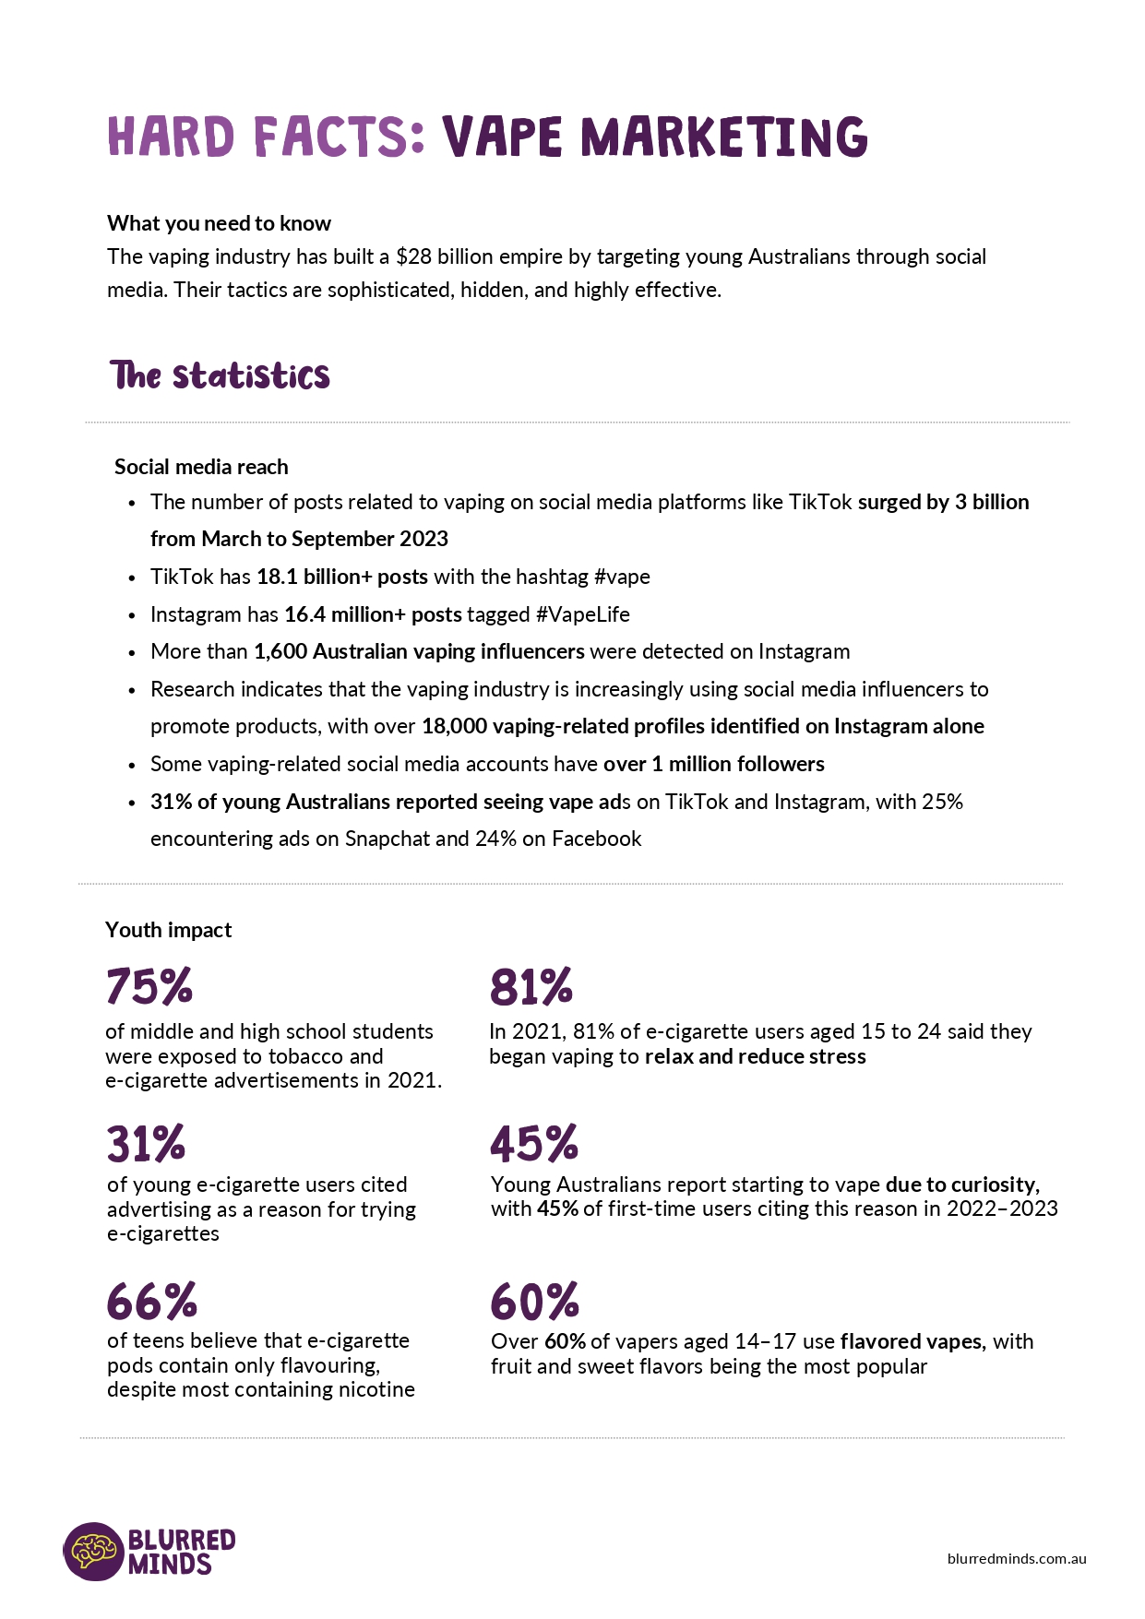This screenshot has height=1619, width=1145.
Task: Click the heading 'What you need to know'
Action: click(219, 223)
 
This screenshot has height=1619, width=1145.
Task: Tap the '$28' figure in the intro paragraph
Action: click(414, 256)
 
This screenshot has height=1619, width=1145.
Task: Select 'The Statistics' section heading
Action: click(220, 375)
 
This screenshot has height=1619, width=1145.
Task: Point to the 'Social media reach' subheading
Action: click(201, 467)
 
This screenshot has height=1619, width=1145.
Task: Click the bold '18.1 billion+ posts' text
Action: click(342, 577)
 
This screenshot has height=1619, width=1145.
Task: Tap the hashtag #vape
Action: click(622, 577)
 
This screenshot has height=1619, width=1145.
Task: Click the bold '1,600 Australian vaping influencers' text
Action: click(419, 651)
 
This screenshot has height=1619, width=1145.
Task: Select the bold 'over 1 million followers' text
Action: click(713, 764)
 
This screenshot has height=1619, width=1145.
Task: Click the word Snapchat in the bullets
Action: click(388, 839)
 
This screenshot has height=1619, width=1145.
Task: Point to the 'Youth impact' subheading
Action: click(168, 930)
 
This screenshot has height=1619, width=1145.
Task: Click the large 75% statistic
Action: click(149, 985)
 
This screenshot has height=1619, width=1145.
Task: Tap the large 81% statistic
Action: click(531, 985)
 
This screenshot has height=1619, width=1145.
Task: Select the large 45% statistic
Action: click(533, 1143)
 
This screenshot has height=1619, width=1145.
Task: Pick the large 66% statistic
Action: click(152, 1301)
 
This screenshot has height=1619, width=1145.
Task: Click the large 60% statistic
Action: click(534, 1301)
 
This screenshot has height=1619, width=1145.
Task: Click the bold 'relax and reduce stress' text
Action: click(755, 1056)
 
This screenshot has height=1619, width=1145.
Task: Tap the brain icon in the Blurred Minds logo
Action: click(93, 1551)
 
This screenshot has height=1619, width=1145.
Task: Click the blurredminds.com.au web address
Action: click(1017, 1558)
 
